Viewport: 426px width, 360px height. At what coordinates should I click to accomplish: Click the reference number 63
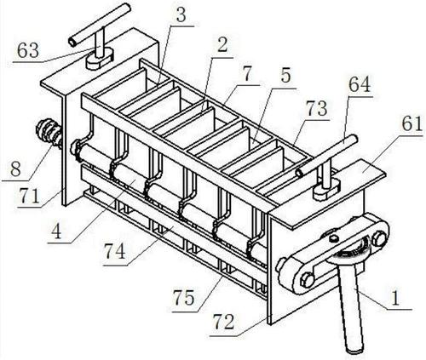[x=28, y=51]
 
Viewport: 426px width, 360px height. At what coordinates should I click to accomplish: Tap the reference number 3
[x=181, y=15]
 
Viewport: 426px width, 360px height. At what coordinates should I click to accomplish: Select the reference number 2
[x=222, y=45]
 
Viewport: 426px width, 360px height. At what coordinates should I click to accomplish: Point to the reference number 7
[x=248, y=74]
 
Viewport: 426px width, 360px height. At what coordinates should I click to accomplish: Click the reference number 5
[x=285, y=77]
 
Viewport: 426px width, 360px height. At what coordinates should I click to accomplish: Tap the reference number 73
[x=316, y=108]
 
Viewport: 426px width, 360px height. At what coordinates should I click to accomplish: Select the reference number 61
[x=412, y=123]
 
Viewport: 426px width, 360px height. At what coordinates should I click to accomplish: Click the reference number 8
[x=15, y=169]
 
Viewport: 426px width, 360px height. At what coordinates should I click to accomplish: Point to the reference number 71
[x=29, y=196]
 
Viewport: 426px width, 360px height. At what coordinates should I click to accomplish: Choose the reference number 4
[x=57, y=232]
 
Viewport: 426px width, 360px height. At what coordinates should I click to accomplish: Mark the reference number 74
[x=115, y=252]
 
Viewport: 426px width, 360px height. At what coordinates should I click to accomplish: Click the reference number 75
[x=185, y=298]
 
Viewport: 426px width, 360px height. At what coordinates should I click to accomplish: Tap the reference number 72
[x=224, y=322]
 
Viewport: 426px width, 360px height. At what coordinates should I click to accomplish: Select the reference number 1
[x=394, y=298]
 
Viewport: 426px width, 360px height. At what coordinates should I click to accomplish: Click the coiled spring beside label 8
[x=48, y=134]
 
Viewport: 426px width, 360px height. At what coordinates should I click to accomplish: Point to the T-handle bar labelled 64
[x=326, y=156]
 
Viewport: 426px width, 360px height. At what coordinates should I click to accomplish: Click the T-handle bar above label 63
[x=100, y=25]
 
